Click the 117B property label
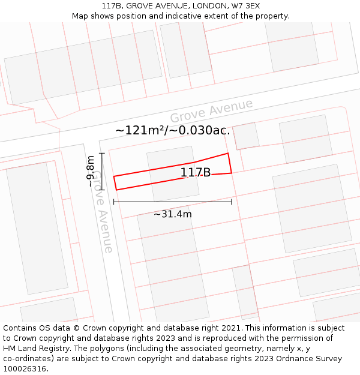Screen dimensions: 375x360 point(196,173)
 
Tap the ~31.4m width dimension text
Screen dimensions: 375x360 point(173,214)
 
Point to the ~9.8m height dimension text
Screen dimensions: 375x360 point(91,172)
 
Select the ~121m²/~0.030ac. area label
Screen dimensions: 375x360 point(173,130)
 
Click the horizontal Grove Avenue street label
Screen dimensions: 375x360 point(211,111)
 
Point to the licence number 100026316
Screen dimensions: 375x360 point(25,369)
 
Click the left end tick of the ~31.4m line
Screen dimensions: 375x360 point(113,202)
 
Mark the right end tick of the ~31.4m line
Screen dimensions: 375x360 point(232,202)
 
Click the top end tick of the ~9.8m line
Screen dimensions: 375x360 point(102,154)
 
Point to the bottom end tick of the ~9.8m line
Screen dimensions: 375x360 point(102,190)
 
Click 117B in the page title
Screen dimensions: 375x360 point(111,6)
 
